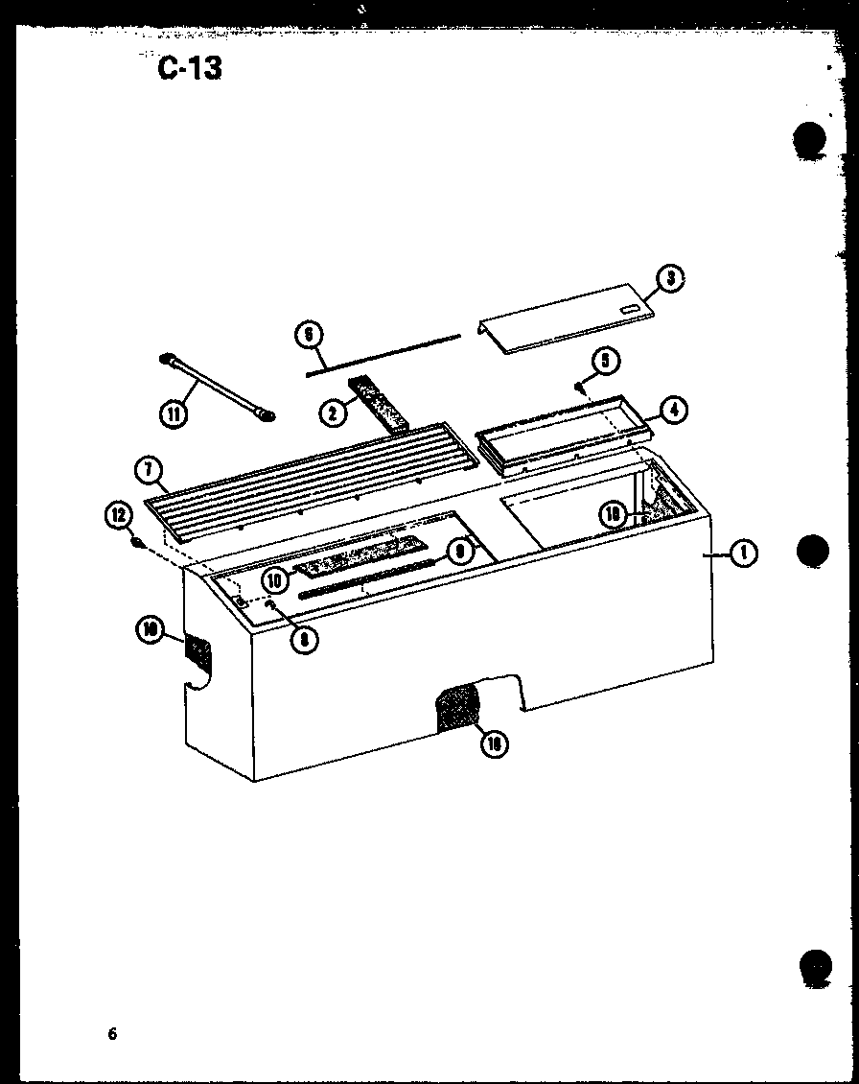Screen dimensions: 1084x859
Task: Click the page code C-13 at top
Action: tap(190, 68)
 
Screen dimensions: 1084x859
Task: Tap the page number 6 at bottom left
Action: tap(112, 1034)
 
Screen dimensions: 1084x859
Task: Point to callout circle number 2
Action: tap(332, 413)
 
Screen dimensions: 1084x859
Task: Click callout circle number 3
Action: tap(670, 280)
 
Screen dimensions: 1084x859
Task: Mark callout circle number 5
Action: tap(605, 362)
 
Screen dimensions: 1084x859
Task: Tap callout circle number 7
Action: tap(150, 471)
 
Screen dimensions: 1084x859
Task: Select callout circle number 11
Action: tap(174, 414)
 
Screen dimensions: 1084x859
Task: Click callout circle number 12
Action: tap(119, 516)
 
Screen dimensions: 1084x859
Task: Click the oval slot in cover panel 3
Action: tap(628, 310)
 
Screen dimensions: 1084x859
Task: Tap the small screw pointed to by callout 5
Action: tap(580, 387)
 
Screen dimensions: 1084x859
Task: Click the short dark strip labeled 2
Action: tap(381, 404)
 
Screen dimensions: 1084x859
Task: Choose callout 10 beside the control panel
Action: tap(273, 579)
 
